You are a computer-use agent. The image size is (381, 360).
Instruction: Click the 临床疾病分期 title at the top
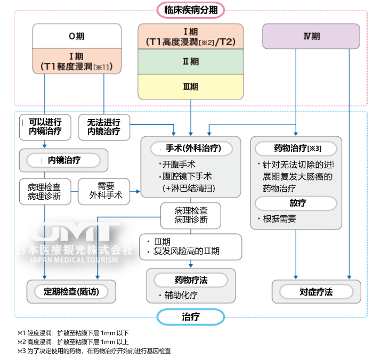point(191,10)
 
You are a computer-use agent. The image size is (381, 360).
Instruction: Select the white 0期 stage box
point(75,36)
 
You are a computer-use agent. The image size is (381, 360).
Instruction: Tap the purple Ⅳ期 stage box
point(311,36)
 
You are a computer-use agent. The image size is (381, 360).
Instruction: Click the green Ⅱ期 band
point(191,62)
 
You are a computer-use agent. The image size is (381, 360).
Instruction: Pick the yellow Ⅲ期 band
point(191,86)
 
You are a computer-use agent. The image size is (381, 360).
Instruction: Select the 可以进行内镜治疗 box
point(45,126)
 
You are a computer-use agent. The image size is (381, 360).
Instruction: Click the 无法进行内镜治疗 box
point(104,126)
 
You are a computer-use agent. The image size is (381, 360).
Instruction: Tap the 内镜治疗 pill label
point(64,160)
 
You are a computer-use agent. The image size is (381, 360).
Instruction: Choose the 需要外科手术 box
point(106,191)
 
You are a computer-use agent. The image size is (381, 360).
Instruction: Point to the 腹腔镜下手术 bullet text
point(187,176)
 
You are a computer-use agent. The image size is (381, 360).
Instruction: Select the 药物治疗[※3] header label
point(296,148)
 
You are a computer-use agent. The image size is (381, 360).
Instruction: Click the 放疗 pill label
point(296,203)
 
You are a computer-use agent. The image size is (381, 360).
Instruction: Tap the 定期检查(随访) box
point(71,292)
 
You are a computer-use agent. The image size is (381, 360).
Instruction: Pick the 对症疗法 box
point(316,292)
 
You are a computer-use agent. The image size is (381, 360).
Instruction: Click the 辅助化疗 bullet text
point(180,295)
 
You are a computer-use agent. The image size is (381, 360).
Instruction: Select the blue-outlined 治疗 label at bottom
point(190,317)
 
